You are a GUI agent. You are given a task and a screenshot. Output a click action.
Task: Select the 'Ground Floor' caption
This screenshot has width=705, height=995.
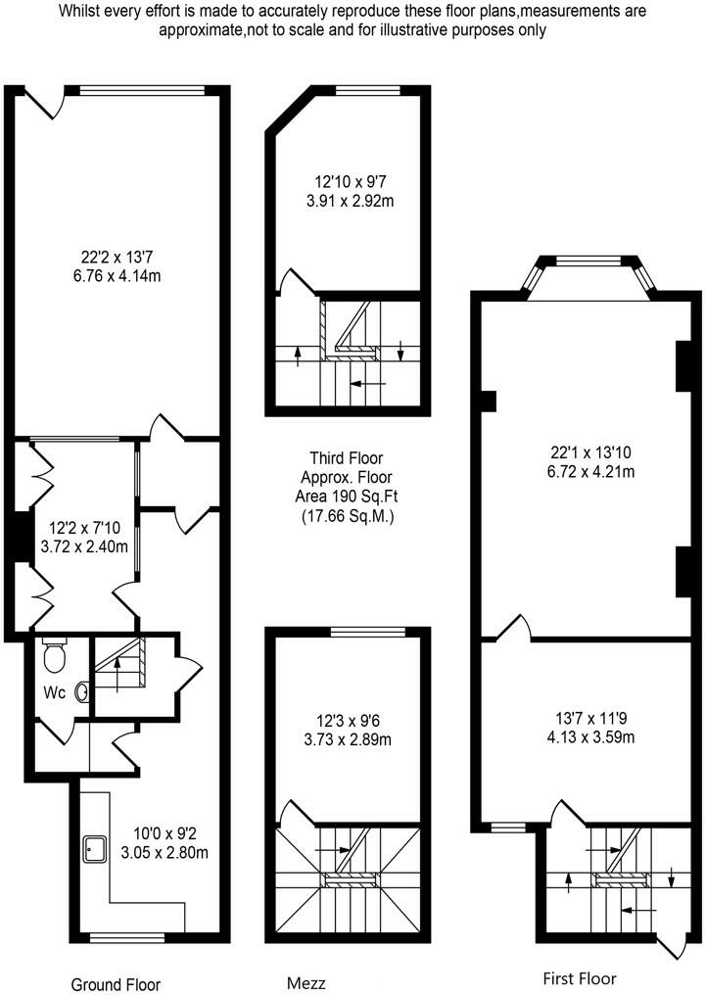coord(116,984)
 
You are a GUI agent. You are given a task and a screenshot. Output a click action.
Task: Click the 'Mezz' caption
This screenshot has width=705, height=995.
coord(305,982)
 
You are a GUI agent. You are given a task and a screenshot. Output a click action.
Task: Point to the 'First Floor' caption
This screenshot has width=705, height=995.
coord(580,978)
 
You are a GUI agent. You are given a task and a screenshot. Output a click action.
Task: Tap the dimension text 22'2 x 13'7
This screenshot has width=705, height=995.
coord(120,259)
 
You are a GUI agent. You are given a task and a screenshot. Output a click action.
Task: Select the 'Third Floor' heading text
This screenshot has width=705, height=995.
coord(346,457)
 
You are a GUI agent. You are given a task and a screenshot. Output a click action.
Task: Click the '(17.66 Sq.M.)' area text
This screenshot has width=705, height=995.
coord(347,516)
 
